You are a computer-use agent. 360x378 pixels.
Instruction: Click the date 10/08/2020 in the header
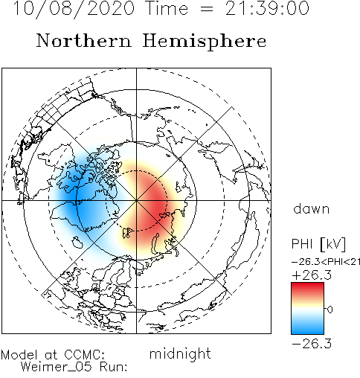click(x=74, y=8)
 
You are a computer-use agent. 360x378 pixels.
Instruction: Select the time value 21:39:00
click(x=267, y=8)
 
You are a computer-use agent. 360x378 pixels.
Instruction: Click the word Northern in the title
click(x=84, y=40)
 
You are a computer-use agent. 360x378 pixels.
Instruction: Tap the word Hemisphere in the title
click(x=205, y=42)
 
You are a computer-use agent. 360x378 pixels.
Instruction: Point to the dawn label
click(x=312, y=208)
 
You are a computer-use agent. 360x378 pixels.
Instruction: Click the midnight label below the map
click(x=180, y=353)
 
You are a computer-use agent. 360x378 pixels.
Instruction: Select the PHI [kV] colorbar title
click(x=318, y=244)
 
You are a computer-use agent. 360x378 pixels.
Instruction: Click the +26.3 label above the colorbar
click(x=312, y=275)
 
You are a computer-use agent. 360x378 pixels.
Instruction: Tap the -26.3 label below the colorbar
click(x=312, y=344)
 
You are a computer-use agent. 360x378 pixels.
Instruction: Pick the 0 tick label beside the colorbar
click(x=330, y=310)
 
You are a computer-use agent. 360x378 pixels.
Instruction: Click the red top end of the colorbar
click(x=307, y=284)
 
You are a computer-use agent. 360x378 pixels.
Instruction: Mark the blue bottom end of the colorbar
click(x=307, y=332)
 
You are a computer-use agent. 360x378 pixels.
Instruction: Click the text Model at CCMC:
click(x=53, y=355)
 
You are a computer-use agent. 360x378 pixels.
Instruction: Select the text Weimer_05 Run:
click(x=74, y=367)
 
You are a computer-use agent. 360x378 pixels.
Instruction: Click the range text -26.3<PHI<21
click(x=326, y=262)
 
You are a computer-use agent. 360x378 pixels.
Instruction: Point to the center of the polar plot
click(x=136, y=200)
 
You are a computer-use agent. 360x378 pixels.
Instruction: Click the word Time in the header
click(x=166, y=8)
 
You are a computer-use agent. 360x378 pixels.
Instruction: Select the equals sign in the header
click(x=206, y=9)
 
